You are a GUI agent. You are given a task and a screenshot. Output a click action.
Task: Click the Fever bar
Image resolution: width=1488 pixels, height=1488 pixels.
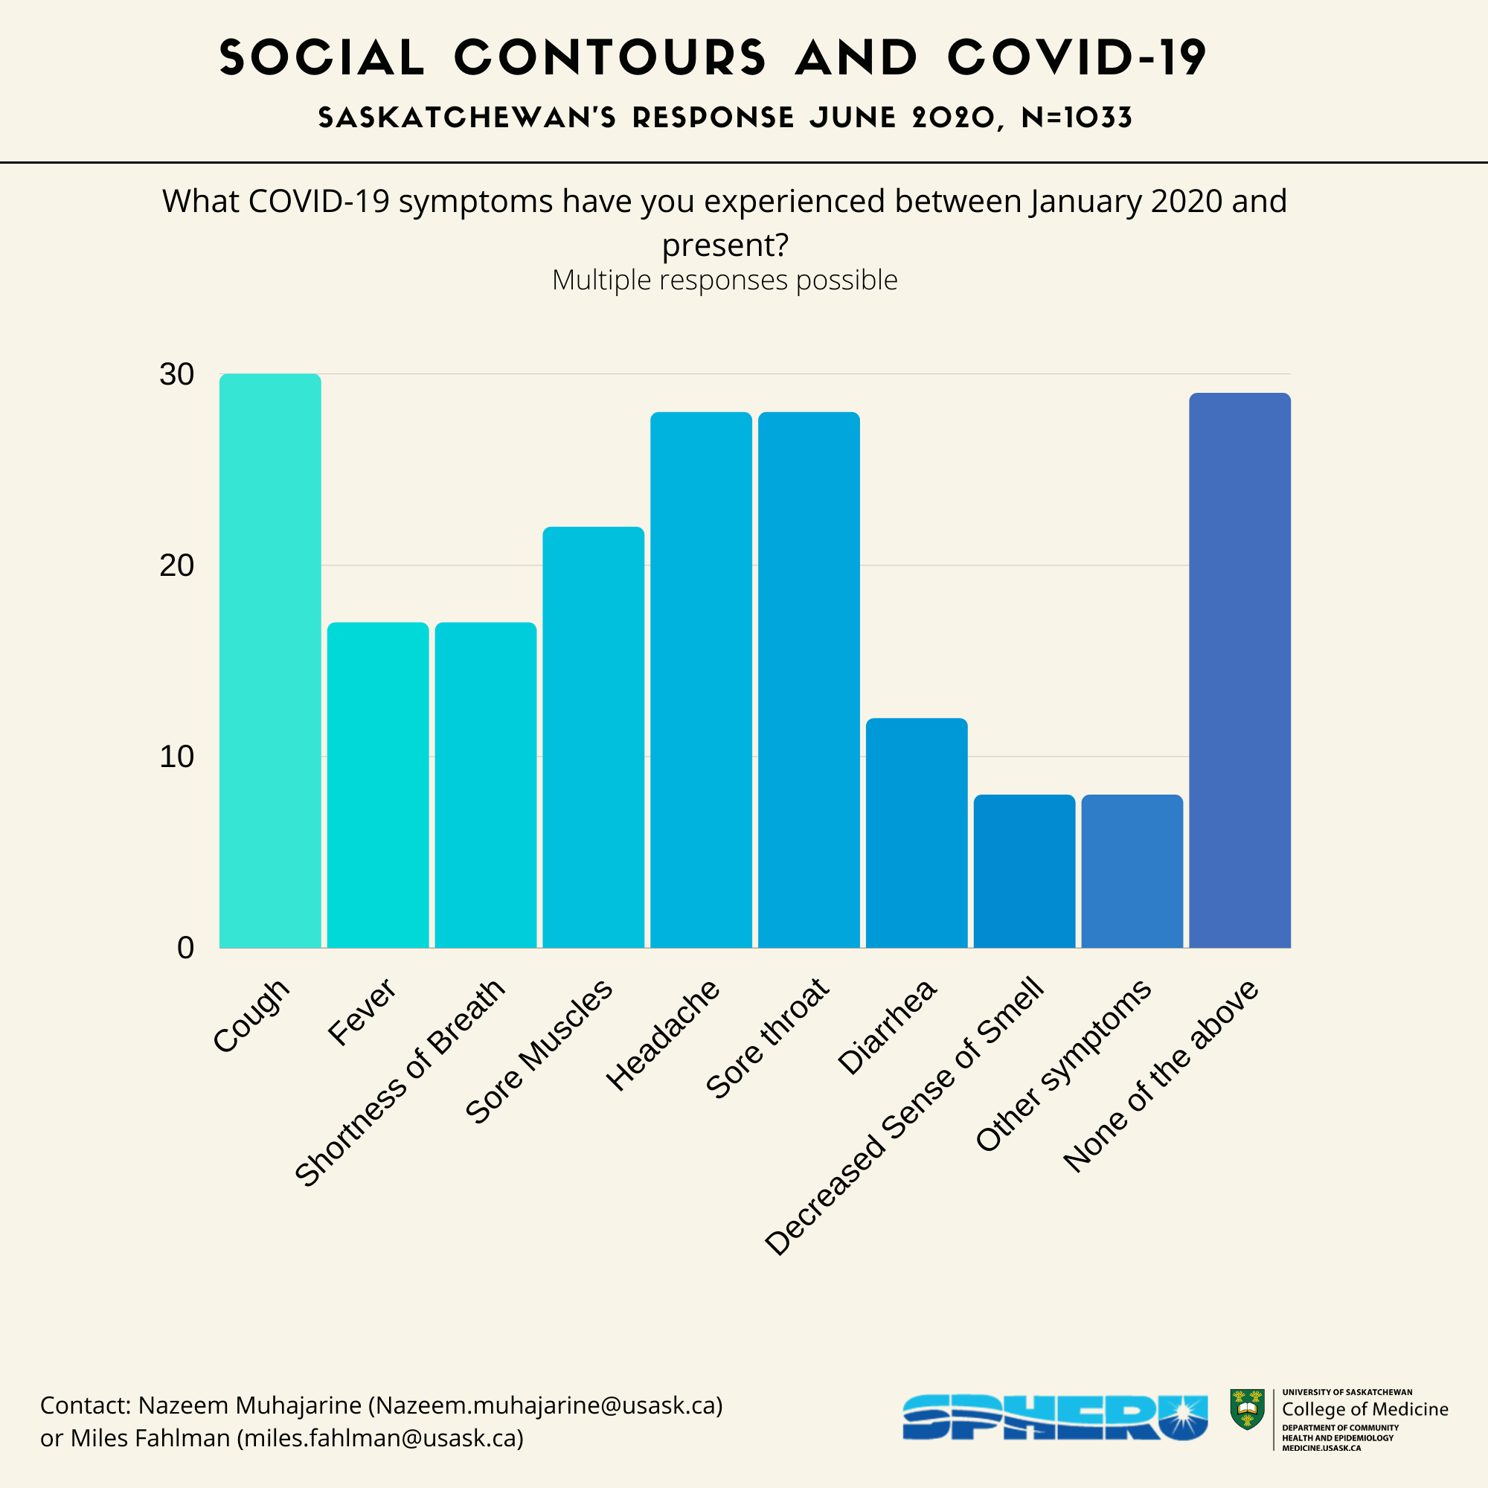pyautogui.click(x=378, y=785)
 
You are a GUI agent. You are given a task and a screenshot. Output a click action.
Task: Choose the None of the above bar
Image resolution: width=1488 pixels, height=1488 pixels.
pyautogui.click(x=1240, y=670)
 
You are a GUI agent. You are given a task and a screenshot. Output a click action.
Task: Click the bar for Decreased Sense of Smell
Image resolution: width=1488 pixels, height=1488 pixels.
pyautogui.click(x=1024, y=871)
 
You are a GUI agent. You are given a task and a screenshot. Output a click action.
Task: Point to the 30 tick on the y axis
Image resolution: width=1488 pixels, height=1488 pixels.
pyautogui.click(x=177, y=375)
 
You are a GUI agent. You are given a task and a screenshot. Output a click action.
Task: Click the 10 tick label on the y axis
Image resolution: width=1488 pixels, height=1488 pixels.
pyautogui.click(x=177, y=757)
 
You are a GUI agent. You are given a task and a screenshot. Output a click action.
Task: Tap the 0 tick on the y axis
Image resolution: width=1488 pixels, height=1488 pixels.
pyautogui.click(x=185, y=948)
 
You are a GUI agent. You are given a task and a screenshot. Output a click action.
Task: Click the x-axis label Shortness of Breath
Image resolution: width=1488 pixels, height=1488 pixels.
pyautogui.click(x=400, y=1082)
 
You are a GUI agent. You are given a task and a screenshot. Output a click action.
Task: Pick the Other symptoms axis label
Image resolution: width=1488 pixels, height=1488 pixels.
pyautogui.click(x=1064, y=1066)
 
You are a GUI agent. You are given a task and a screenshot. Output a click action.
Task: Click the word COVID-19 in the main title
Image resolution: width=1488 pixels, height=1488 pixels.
pyautogui.click(x=1076, y=58)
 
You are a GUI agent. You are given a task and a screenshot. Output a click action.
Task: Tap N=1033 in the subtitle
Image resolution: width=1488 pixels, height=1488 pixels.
pyautogui.click(x=1076, y=118)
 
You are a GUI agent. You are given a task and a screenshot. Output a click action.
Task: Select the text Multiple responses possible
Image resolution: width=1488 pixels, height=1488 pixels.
pyautogui.click(x=725, y=280)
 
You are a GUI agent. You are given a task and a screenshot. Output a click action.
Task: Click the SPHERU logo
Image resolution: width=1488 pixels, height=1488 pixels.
pyautogui.click(x=1054, y=1417)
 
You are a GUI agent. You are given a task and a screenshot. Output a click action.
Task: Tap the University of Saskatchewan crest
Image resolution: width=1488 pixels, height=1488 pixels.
pyautogui.click(x=1247, y=1409)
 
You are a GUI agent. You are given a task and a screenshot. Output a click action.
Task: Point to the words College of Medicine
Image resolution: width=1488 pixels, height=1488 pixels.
pyautogui.click(x=1364, y=1409)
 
